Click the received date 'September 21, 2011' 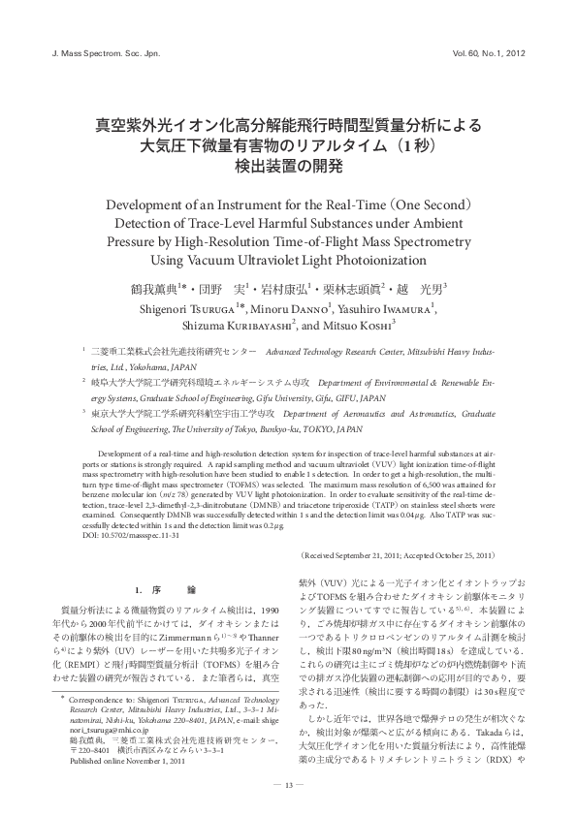coord(370,554)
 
